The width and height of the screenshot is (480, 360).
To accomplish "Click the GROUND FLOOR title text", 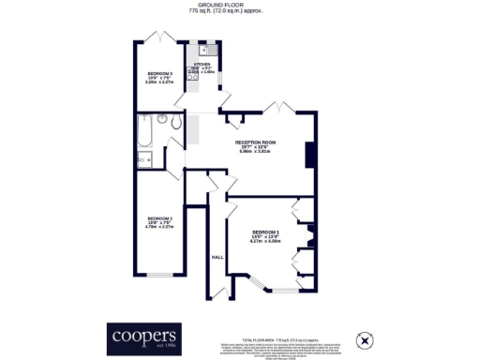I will point(240,5).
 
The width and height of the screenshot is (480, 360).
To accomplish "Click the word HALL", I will point(217,256).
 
